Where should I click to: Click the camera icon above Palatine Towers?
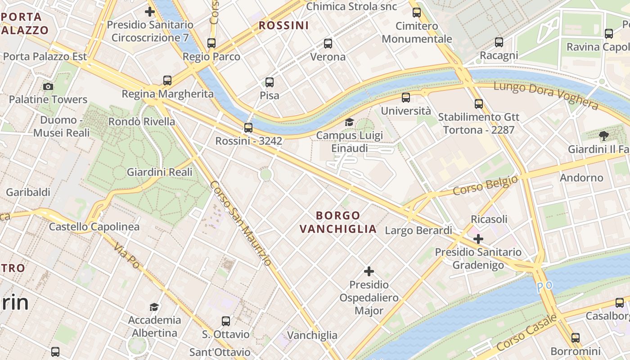click(48, 86)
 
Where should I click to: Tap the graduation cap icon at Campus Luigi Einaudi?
click(349, 122)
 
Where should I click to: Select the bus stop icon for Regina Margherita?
click(167, 81)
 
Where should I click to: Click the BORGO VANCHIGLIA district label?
click(338, 222)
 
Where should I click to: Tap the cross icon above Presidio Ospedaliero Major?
click(369, 271)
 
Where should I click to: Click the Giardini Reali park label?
click(159, 172)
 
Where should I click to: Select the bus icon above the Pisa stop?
click(270, 82)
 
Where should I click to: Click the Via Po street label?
click(126, 255)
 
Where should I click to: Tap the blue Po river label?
click(544, 286)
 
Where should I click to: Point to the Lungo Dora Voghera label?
click(546, 95)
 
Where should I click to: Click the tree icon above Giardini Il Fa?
click(603, 135)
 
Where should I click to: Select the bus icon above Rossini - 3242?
click(248, 128)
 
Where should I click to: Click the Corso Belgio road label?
click(485, 185)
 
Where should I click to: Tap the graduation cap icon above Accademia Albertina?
click(154, 307)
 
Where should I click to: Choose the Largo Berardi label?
click(418, 230)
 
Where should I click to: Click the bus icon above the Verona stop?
click(328, 44)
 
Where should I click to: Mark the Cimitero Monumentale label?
click(417, 32)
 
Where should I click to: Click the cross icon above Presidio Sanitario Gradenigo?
click(478, 238)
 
